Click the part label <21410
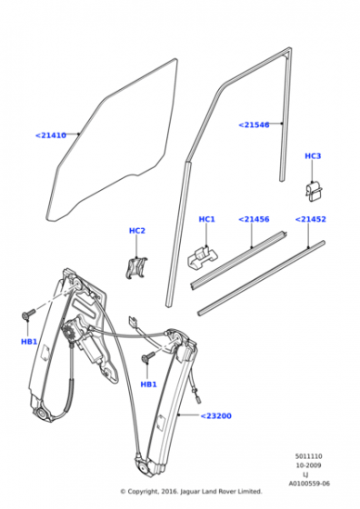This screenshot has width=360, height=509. click(51, 135)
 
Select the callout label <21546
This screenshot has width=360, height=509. click(254, 125)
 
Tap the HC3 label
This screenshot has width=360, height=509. click(313, 155)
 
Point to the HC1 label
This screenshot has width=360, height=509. click(206, 219)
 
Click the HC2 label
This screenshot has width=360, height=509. click(137, 231)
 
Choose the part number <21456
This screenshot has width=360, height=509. click(254, 219)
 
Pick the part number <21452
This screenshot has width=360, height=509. click(310, 219)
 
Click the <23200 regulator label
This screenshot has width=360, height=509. click(215, 416)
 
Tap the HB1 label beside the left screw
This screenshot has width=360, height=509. click(29, 342)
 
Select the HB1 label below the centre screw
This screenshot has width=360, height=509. click(148, 384)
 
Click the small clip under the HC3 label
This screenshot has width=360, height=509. click(314, 192)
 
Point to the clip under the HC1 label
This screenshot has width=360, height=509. click(202, 257)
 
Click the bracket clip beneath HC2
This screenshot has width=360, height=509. click(136, 268)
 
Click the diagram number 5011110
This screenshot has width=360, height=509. click(308, 456)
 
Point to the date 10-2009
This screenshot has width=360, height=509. click(308, 465)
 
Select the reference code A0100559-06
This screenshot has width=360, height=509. click(309, 484)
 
